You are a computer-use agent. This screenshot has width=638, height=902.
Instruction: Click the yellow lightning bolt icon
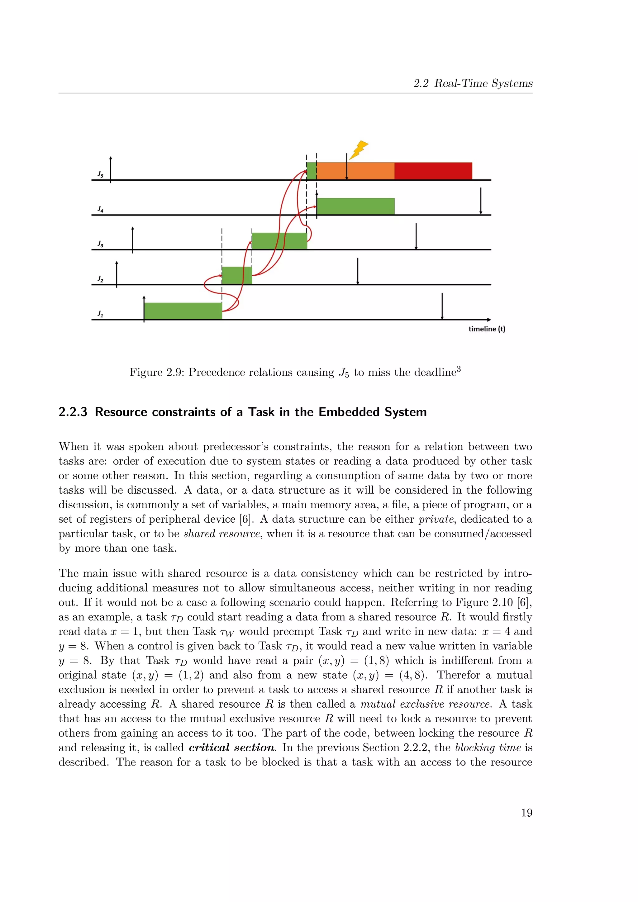click(x=359, y=150)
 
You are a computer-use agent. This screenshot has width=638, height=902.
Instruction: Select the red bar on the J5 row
click(x=433, y=171)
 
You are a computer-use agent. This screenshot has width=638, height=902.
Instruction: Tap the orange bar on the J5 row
click(x=355, y=171)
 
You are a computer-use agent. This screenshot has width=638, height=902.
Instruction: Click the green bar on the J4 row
click(x=355, y=206)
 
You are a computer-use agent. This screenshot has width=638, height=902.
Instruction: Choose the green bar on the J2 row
click(x=236, y=275)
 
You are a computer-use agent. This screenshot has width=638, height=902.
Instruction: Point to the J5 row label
click(x=101, y=174)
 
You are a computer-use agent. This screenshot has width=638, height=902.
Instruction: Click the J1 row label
click(x=101, y=314)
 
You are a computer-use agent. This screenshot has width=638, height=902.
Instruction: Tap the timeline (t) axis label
click(x=486, y=329)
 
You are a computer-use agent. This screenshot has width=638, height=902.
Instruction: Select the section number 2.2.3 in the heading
click(x=73, y=412)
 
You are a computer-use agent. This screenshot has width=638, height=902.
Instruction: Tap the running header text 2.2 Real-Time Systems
click(x=473, y=83)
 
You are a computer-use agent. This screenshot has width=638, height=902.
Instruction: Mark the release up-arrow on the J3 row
click(x=133, y=240)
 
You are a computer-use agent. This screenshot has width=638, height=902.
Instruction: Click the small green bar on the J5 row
click(x=312, y=171)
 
